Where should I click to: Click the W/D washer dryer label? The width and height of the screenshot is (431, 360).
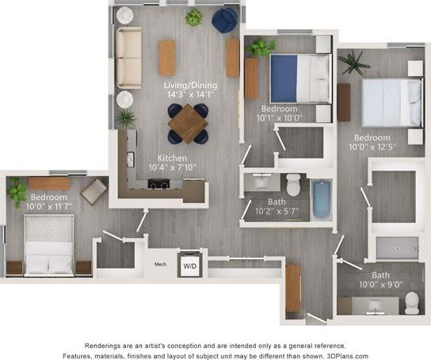[189, 266]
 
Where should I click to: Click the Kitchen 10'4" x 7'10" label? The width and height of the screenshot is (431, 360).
[173, 163]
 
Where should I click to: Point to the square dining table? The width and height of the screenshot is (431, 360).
[188, 124]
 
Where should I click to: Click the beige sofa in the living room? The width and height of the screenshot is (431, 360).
[128, 58]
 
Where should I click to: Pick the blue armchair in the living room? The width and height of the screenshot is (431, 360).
[223, 20]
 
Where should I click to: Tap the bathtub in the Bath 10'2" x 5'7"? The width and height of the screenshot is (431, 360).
[320, 199]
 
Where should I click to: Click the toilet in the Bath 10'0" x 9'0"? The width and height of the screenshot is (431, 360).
[411, 302]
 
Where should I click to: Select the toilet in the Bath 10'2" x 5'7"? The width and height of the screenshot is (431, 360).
[293, 185]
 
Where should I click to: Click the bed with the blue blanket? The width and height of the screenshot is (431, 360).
[299, 78]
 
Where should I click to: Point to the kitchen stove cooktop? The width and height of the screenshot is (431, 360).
[158, 184]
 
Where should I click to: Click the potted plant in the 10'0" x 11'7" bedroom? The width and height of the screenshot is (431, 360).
[16, 192]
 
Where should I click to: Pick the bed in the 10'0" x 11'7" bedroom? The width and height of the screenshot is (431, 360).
[48, 244]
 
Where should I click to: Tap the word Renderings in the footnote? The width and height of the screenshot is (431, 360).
[108, 346]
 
